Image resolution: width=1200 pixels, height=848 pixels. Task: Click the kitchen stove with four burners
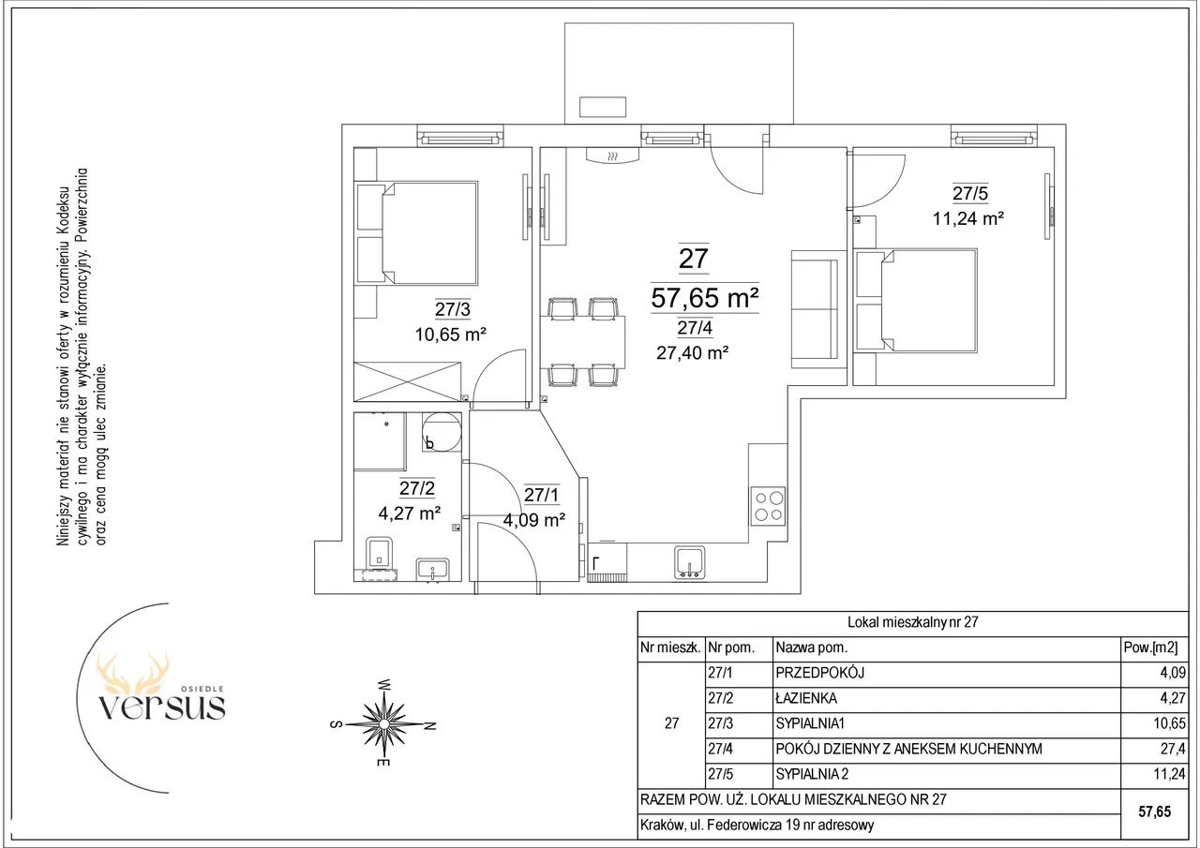click(768, 505)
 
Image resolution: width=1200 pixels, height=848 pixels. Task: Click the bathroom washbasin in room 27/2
click(433, 569)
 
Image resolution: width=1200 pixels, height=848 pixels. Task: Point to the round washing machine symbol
click(442, 431)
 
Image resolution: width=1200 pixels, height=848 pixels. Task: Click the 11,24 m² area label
click(968, 218)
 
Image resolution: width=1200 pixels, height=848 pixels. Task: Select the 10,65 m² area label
click(451, 335)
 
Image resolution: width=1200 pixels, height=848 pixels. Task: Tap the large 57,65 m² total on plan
click(704, 298)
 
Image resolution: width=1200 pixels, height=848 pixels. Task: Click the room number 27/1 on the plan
click(541, 495)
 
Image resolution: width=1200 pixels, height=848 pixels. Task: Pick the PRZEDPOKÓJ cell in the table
click(819, 673)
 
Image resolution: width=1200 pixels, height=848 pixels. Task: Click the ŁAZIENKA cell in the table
click(806, 698)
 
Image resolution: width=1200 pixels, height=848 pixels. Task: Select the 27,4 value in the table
click(1173, 749)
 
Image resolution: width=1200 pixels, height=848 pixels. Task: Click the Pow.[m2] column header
click(1150, 647)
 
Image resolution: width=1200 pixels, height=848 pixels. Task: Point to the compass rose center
click(383, 724)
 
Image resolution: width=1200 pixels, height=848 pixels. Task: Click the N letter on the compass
click(429, 726)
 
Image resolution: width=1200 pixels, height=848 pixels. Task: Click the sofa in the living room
click(816, 309)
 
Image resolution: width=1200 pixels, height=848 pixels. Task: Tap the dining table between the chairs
click(582, 342)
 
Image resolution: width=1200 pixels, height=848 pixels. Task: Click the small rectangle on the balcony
click(603, 107)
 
